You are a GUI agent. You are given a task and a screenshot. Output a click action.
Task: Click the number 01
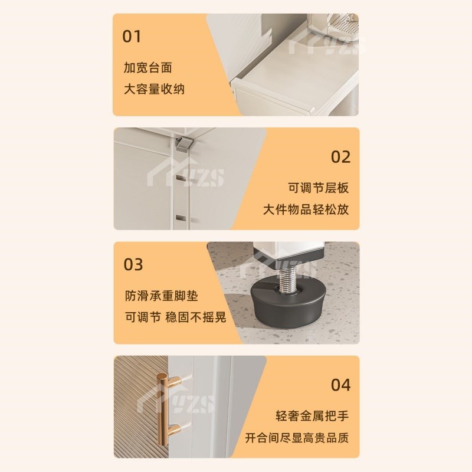132,36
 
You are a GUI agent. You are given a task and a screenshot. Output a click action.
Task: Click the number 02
340,157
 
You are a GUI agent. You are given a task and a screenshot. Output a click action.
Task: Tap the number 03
133,264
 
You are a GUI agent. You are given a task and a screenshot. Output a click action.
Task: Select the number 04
340,385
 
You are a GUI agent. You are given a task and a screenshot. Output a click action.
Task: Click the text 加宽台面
148,67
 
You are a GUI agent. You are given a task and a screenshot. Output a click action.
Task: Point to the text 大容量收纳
154,90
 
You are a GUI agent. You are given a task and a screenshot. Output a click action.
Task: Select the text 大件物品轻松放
306,210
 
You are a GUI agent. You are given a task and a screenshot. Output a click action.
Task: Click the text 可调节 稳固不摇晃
175,317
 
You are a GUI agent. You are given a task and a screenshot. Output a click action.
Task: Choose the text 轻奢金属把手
312,416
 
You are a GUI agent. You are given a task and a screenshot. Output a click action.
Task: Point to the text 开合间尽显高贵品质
297,438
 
